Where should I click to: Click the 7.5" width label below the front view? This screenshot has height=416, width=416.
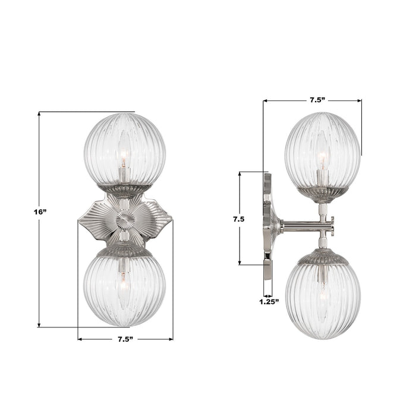click(x=124, y=339)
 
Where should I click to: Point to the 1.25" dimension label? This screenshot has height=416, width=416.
click(x=268, y=302)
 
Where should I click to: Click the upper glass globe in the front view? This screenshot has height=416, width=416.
click(x=124, y=149)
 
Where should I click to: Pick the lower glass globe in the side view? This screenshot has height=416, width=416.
click(x=323, y=300)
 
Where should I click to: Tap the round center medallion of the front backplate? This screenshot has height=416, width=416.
click(x=125, y=221)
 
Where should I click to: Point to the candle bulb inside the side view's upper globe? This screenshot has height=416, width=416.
click(x=322, y=159)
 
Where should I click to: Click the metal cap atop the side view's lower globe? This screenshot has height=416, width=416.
click(x=323, y=256)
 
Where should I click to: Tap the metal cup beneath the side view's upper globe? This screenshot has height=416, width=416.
click(x=323, y=194)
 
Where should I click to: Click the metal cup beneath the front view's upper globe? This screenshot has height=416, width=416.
click(x=124, y=190)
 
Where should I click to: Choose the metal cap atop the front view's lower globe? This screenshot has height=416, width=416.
click(x=124, y=250)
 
